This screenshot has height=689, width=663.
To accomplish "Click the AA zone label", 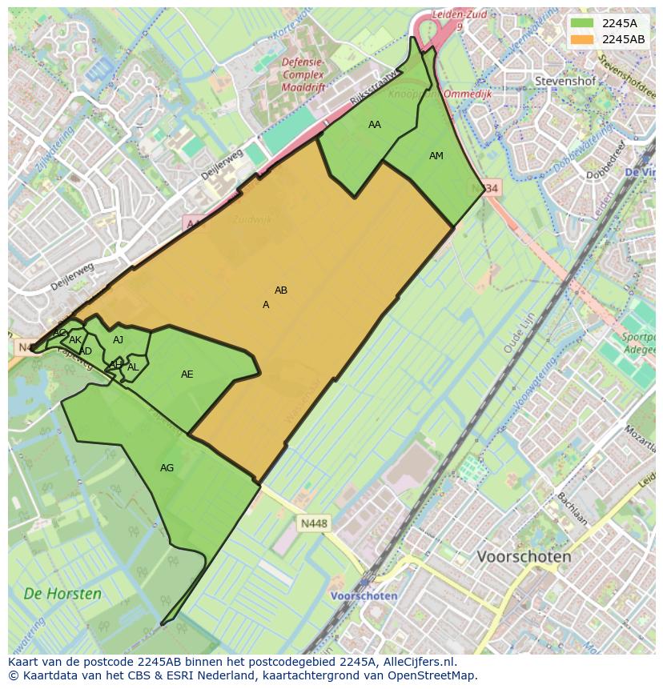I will pos(375,125).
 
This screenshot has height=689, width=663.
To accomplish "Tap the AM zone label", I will pos(436,156).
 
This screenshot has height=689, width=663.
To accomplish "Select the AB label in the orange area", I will pos(281,290).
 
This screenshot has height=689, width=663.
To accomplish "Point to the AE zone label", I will pos(187,375).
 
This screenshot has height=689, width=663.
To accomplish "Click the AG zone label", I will pos(167,468).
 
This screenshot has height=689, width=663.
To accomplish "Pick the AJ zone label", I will pos(119,340).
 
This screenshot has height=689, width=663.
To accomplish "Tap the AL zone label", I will pos(133,367).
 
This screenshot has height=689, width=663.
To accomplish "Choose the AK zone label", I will pos(75,340).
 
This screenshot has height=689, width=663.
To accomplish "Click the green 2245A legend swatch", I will pos(583,24).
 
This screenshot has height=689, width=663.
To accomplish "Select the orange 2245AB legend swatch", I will pos(583,39).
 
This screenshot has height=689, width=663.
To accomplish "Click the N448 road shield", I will pos(314,524).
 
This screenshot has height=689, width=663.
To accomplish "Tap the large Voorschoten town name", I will pos(524,556).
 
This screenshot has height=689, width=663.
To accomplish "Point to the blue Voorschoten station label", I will pos(364,596).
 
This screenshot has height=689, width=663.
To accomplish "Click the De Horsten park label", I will pos(62,594).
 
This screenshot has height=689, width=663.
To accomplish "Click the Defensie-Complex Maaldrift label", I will pos(303,75).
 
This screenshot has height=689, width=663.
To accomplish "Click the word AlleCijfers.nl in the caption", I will pos(417,663).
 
